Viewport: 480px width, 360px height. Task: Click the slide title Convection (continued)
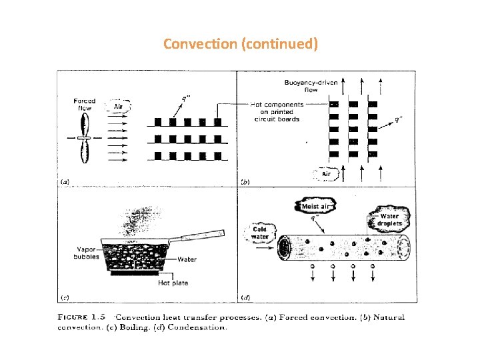pyautogui.click(x=240, y=45)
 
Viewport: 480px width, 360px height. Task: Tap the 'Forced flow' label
pyautogui.click(x=85, y=105)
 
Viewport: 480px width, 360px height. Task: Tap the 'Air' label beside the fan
pyautogui.click(x=118, y=107)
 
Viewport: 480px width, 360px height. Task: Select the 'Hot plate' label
pyautogui.click(x=173, y=283)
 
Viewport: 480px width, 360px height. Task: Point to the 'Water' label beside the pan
pyautogui.click(x=187, y=259)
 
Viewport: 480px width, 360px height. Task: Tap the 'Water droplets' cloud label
pyautogui.click(x=390, y=219)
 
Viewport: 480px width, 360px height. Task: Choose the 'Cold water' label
pyautogui.click(x=259, y=233)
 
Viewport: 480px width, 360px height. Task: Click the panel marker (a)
pyautogui.click(x=65, y=181)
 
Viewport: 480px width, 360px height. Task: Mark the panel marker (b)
pyautogui.click(x=244, y=181)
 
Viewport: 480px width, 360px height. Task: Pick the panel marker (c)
pyautogui.click(x=65, y=296)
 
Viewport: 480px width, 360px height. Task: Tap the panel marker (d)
pyautogui.click(x=244, y=296)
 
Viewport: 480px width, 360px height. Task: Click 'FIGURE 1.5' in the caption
pyautogui.click(x=83, y=317)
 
